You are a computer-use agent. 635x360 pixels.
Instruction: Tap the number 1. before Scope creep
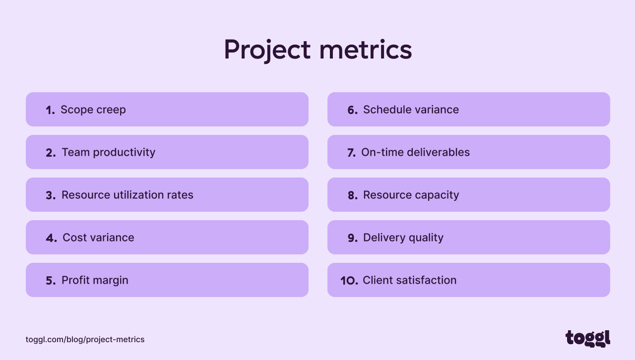coord(50,110)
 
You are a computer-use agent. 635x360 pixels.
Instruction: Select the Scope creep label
coord(93,110)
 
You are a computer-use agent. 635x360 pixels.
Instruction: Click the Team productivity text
coord(108,152)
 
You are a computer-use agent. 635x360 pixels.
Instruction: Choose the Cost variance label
coord(98,238)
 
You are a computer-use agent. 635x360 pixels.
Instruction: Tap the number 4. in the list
coord(51,238)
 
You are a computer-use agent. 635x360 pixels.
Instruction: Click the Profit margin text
coord(95,280)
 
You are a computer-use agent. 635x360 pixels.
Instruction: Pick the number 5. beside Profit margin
coord(51,281)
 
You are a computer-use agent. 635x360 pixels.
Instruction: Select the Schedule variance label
coord(411,110)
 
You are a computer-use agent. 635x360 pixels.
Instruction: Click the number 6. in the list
coord(352,110)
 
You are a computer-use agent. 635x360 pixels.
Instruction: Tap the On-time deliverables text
coord(415,152)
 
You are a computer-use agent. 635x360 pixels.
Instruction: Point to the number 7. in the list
coord(351,153)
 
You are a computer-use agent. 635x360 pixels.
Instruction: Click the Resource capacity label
coord(411,195)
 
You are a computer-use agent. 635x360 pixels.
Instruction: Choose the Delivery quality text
coord(403,238)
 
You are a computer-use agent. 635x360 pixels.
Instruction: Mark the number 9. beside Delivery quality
coord(352,238)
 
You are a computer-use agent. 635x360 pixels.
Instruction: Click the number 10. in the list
coord(349,281)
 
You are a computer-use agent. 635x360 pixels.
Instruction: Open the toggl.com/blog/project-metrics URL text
coord(85,340)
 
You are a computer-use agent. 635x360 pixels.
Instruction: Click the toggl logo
coord(587,338)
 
